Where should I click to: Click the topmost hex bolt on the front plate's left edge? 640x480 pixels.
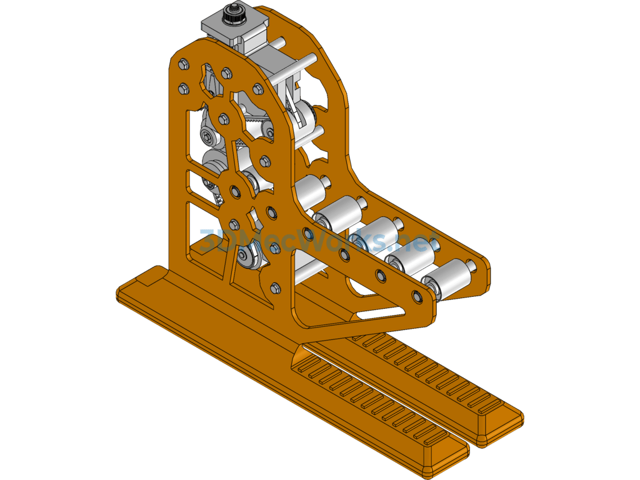(x=182, y=64)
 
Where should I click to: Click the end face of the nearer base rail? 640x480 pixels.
(x=444, y=454)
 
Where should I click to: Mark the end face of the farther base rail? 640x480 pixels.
(x=500, y=431)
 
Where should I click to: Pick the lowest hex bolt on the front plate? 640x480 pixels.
(x=275, y=288)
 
